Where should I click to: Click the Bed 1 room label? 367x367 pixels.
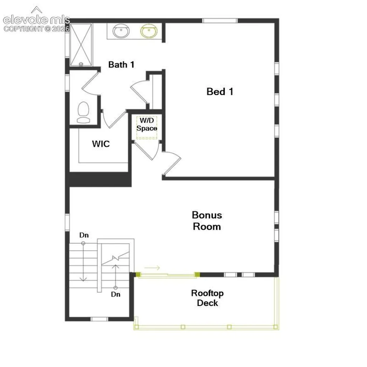coord(220,91)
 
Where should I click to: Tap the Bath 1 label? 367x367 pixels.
coord(121,65)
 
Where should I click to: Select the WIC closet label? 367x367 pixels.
coord(101,144)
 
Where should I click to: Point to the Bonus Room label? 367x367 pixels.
coord(207,221)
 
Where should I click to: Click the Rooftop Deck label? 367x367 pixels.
coord(208,298)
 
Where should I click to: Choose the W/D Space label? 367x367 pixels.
coord(147,124)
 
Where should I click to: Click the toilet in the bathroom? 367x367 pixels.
coord(83,113)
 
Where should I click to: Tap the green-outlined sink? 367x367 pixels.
coord(149,31)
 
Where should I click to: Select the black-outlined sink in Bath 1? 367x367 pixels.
coord(121,31)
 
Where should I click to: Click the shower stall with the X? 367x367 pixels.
coord(81,45)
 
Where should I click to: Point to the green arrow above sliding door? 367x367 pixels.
coord(152,267)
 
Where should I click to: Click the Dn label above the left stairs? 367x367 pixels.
coord(84,235)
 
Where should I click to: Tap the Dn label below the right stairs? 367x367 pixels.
coord(116,294)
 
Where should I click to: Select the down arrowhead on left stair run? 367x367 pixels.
coord(83,279)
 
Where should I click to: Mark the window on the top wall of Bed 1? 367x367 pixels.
coord(220,20)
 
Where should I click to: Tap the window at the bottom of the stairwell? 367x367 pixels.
coord(99,319)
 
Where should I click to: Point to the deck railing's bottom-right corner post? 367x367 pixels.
coord(276,327)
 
